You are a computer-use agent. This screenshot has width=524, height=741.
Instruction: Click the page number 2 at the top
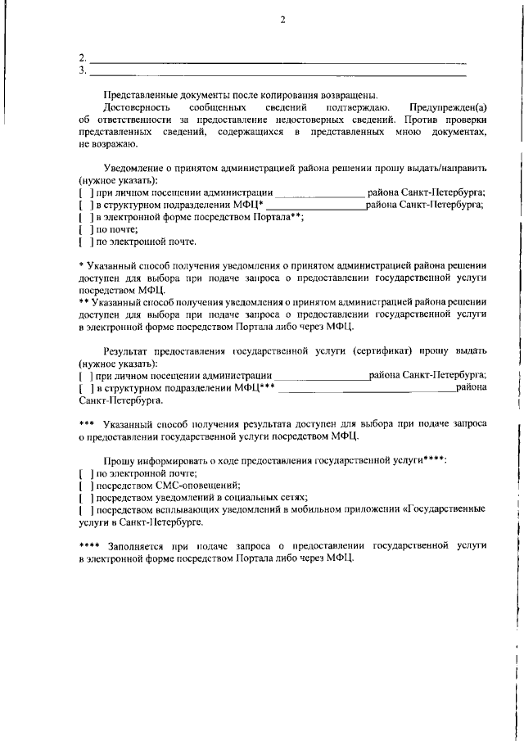(x=281, y=20)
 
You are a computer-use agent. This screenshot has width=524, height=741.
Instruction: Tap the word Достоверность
(x=136, y=107)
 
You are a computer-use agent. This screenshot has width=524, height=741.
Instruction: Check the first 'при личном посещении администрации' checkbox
(x=85, y=193)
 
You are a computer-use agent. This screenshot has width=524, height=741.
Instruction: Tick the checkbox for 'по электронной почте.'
(x=85, y=242)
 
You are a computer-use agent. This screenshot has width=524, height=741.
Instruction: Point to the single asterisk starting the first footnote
(x=81, y=266)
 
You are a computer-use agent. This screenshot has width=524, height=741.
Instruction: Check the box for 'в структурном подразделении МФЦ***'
(x=85, y=388)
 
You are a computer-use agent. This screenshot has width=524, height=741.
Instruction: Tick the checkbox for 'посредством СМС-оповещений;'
(x=85, y=486)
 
